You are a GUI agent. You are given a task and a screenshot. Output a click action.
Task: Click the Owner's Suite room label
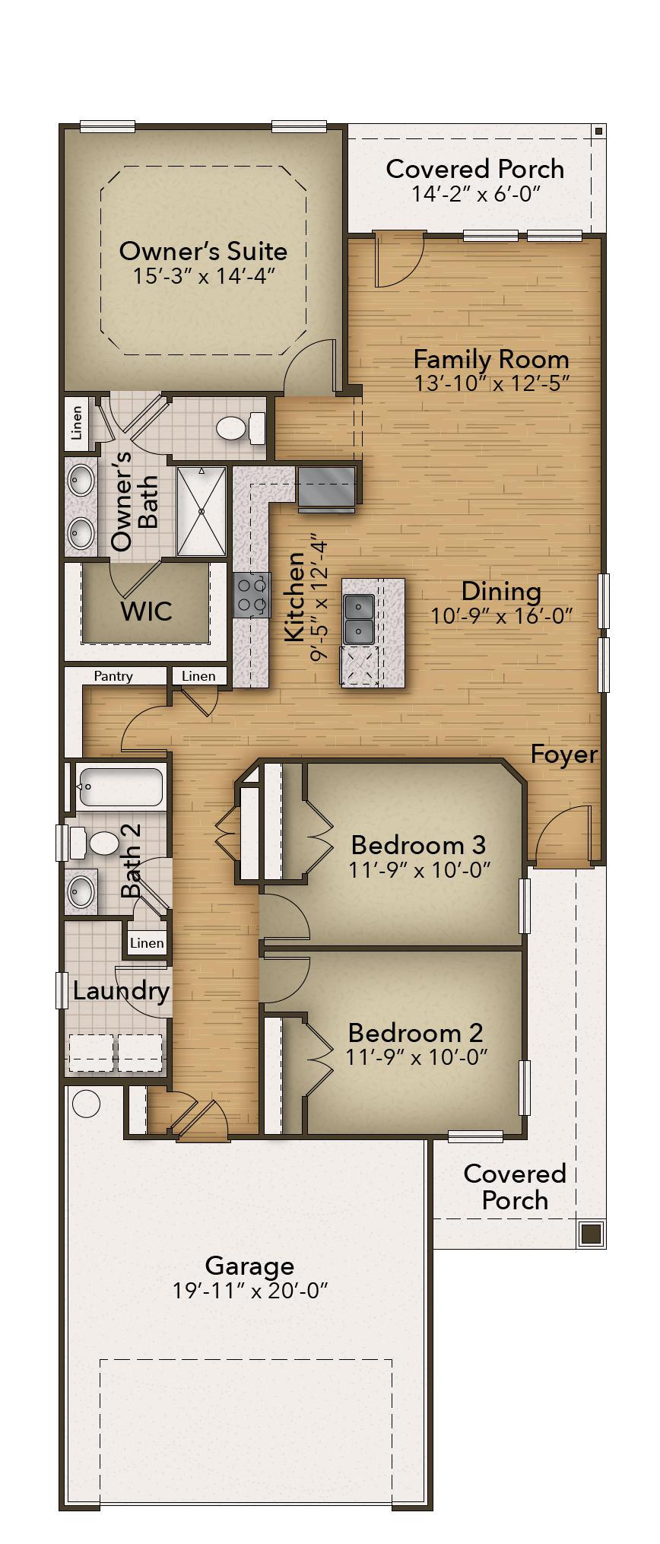[x=203, y=251]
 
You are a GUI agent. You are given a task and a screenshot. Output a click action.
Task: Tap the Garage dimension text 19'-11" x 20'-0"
[x=249, y=1291]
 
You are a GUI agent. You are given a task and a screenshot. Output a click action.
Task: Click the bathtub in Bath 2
[x=119, y=787]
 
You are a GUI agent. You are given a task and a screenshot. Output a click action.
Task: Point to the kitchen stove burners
[x=252, y=595]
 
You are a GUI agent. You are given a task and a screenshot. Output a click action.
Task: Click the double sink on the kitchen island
[x=358, y=618]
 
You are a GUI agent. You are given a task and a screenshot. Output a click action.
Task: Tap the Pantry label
[x=113, y=675]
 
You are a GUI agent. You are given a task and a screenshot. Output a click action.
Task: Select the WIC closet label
[x=146, y=611]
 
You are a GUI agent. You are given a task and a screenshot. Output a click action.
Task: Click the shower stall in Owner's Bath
[x=201, y=511]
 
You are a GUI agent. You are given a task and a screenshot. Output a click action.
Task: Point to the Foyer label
[x=563, y=755]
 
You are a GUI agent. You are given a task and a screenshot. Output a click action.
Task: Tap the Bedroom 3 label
[x=418, y=844]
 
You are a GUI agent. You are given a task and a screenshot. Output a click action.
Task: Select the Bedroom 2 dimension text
[x=416, y=1056]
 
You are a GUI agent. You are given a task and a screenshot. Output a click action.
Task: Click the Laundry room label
[x=121, y=991]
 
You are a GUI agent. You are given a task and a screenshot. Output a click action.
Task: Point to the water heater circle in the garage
[x=87, y=1104]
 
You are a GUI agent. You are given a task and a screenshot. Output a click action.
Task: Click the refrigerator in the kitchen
[x=327, y=488]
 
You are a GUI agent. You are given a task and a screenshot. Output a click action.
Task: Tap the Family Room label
[x=491, y=358]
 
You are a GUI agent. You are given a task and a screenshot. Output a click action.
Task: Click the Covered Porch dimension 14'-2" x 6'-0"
[x=476, y=194]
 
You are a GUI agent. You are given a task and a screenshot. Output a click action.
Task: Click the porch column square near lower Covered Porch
[x=591, y=1233]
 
